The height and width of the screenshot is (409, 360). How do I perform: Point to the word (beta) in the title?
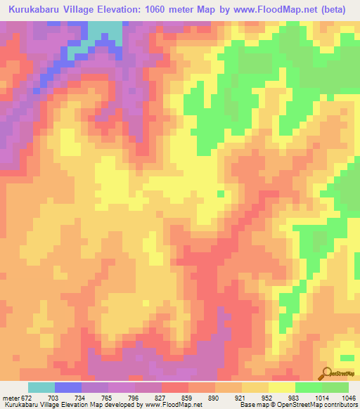pyautogui.click(x=335, y=8)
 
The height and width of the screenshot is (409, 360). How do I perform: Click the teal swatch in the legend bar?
pyautogui.click(x=41, y=387)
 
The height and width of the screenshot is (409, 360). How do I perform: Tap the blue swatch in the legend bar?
pyautogui.click(x=68, y=387)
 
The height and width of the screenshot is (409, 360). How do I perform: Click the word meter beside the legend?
pyautogui.click(x=10, y=398)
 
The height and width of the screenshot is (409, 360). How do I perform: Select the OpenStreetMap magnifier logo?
pyautogui.click(x=326, y=375)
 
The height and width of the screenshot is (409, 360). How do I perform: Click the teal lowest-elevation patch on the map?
pyautogui.click(x=104, y=31)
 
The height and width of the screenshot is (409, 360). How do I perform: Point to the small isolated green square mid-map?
pyautogui.click(x=221, y=194)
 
